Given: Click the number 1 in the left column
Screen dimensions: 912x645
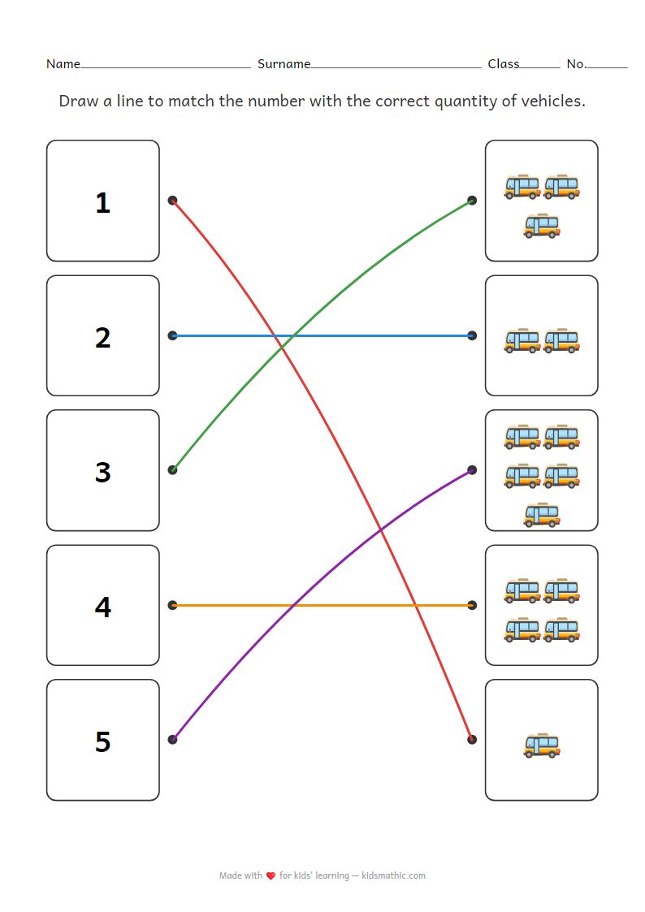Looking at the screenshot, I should point(102,202).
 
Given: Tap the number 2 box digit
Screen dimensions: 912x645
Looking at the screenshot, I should point(102,337).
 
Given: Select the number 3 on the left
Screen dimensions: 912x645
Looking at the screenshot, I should point(102,472).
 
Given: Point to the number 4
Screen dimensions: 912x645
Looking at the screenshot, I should point(102,607).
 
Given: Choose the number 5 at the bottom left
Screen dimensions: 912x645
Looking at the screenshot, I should point(102,741).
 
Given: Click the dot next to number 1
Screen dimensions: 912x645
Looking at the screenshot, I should point(172,200).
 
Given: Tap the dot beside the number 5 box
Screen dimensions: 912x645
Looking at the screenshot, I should point(172,739).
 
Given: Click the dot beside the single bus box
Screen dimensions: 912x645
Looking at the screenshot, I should point(472,739).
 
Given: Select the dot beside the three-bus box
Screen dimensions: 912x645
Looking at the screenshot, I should point(472,200).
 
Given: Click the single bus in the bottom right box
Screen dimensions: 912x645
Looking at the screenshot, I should point(542,746).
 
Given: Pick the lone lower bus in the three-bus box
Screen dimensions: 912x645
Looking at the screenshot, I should point(542,225).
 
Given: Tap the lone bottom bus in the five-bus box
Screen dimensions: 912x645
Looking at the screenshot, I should point(542,514).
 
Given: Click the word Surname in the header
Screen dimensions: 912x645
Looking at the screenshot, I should point(284,63).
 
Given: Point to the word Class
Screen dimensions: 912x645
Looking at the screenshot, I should point(503,63).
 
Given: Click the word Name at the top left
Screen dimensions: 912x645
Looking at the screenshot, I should point(63,63).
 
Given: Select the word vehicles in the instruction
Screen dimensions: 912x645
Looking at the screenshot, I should point(554,102).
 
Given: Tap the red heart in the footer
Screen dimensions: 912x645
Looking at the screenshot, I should point(271,875).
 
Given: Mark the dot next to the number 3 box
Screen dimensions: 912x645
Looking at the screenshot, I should point(172,469).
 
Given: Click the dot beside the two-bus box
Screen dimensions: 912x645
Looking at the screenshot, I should point(472,335).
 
